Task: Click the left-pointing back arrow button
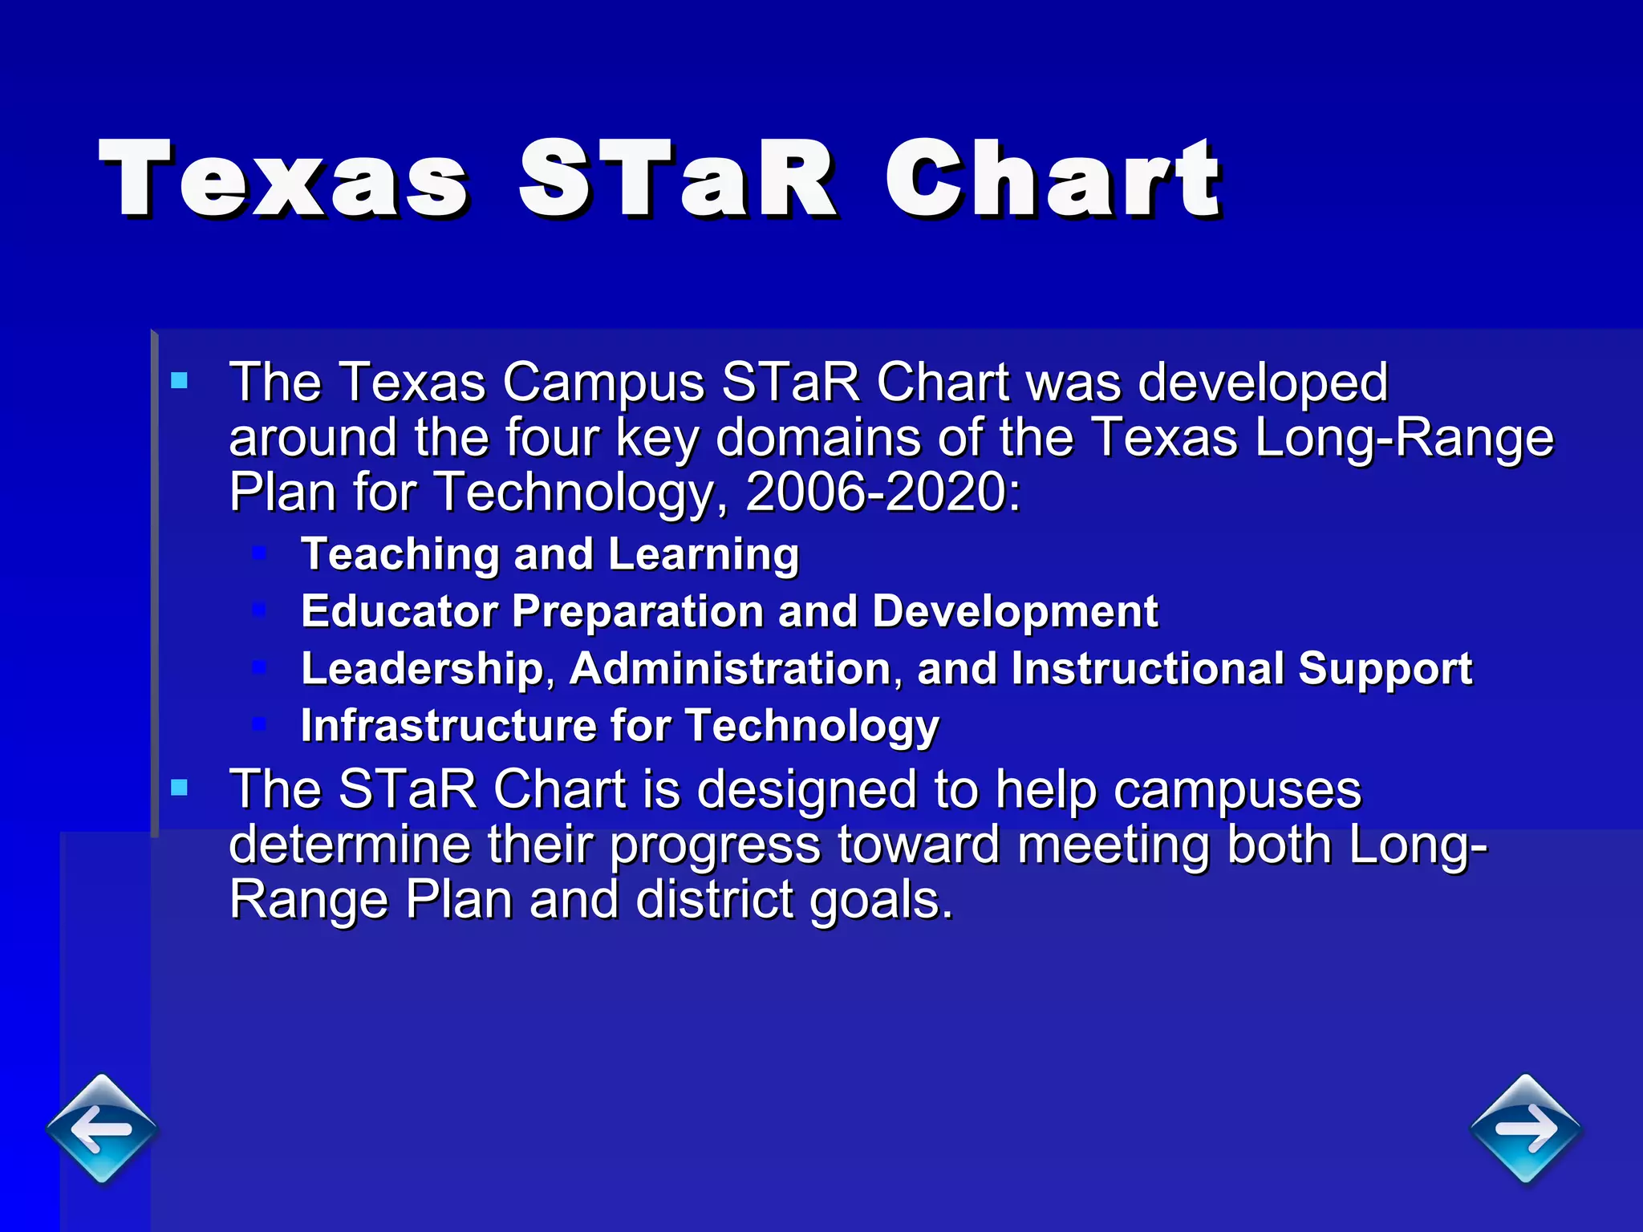[102, 1129]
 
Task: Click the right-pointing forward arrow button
[1525, 1129]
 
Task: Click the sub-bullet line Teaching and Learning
[550, 554]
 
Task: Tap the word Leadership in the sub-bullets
[422, 669]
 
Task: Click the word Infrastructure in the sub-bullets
[448, 726]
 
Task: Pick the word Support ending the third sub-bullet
[1385, 669]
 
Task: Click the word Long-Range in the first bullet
[1404, 438]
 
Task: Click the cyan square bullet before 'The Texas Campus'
[180, 380]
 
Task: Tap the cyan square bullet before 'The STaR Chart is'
[180, 788]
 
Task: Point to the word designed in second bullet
[806, 790]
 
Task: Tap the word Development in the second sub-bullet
[1015, 612]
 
